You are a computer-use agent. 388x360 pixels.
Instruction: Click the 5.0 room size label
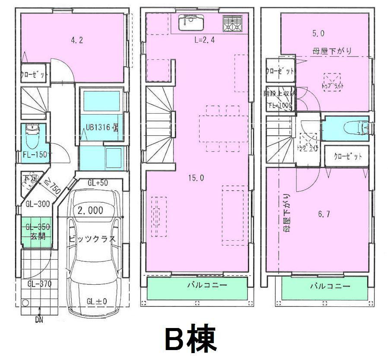click(318, 33)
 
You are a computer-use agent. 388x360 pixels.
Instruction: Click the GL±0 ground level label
click(96, 301)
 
